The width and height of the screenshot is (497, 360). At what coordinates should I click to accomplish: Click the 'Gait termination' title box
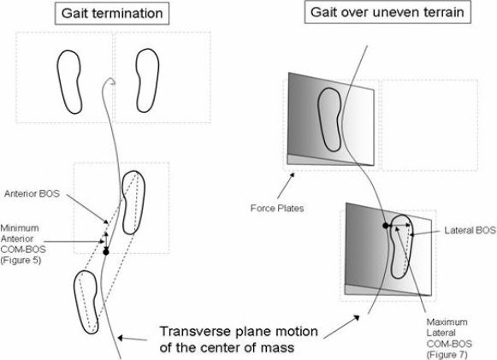[112, 14]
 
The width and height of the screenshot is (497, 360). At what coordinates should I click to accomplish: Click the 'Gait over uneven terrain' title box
[388, 12]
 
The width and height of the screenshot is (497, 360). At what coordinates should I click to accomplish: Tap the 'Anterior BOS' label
[32, 193]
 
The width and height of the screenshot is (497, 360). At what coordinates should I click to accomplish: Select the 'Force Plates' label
[277, 208]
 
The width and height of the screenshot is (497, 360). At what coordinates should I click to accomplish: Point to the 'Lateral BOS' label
[470, 230]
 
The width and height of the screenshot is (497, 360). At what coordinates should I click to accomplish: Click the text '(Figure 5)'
[21, 260]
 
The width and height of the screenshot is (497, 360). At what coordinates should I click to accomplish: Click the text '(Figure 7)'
[447, 354]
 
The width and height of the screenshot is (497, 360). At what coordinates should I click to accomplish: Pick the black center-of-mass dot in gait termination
[106, 252]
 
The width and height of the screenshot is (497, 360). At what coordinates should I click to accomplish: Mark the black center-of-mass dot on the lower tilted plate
[386, 226]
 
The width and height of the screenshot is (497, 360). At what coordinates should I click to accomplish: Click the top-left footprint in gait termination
[69, 81]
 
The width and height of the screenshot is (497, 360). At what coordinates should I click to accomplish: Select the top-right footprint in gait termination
[147, 80]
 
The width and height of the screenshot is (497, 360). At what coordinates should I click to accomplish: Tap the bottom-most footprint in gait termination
[86, 302]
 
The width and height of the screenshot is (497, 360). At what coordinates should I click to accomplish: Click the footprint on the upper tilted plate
[330, 120]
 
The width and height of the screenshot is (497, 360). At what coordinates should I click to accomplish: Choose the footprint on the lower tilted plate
[401, 246]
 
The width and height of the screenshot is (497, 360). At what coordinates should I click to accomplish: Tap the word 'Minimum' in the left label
[20, 227]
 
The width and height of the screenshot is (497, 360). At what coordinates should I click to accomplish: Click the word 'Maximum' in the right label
[447, 322]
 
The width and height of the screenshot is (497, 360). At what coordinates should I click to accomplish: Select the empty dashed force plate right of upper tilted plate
[429, 125]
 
